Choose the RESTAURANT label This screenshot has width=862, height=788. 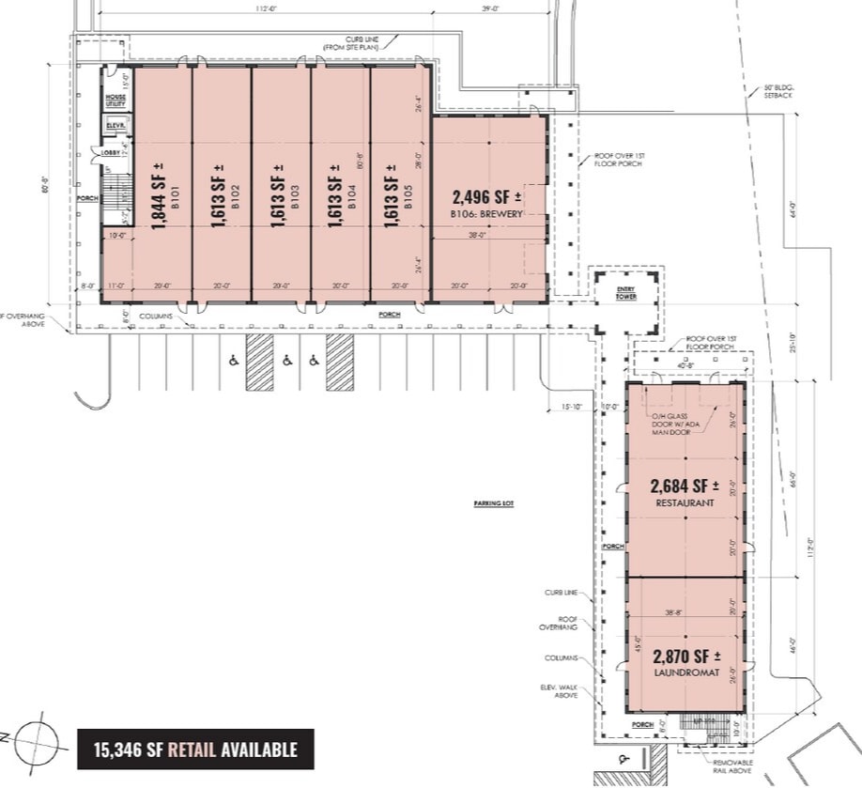click(685, 503)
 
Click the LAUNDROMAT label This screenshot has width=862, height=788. click(685, 673)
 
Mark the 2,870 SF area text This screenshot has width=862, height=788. click(685, 656)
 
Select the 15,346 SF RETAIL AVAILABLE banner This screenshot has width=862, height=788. click(195, 749)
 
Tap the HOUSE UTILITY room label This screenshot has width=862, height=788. click(115, 100)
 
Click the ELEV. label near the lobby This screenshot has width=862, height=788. click(115, 125)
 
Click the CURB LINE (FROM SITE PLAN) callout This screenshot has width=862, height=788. click(348, 43)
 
